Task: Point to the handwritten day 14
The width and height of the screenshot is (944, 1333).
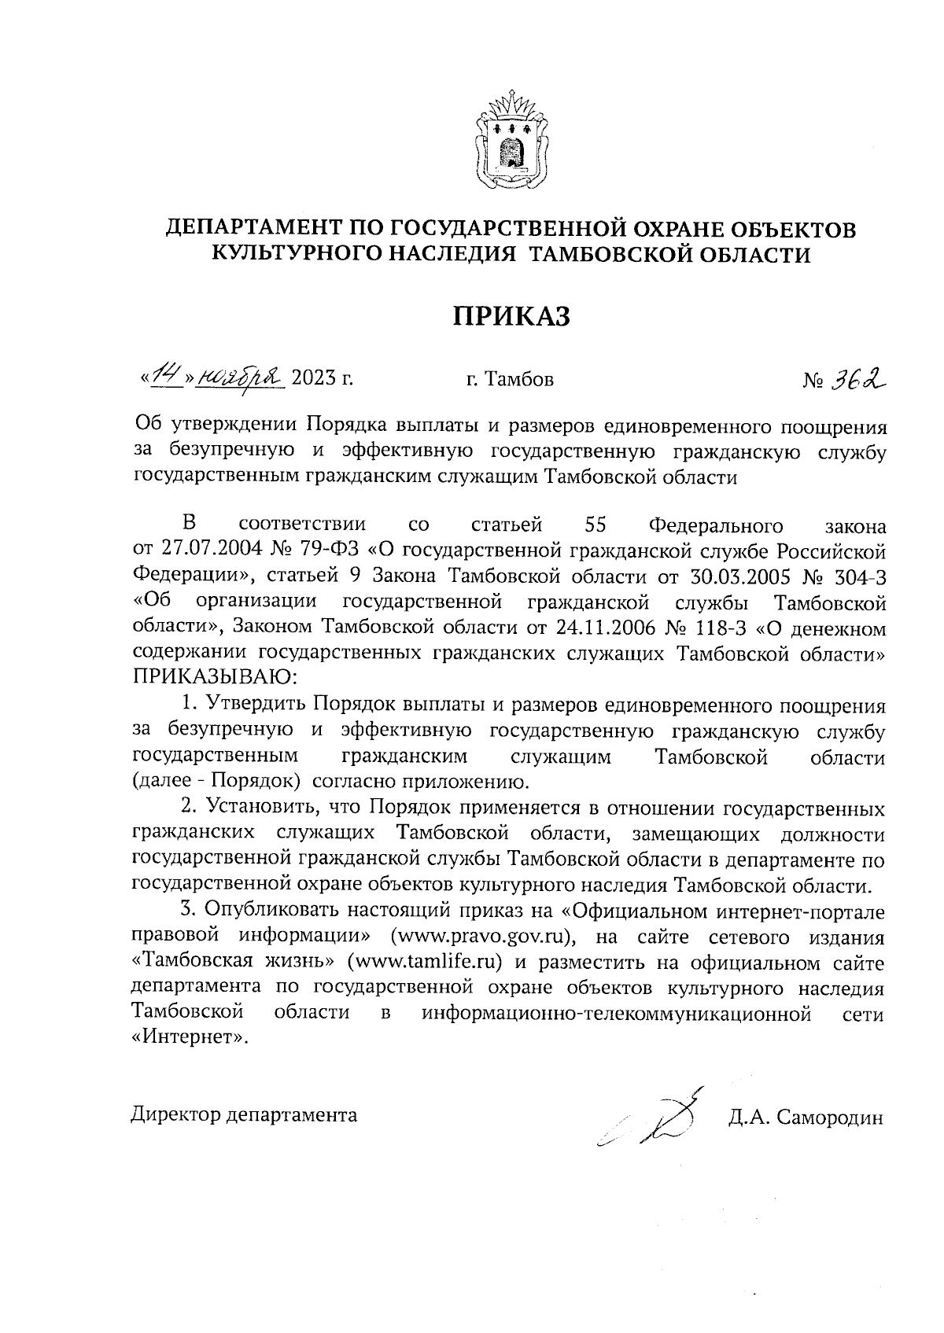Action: coord(167,377)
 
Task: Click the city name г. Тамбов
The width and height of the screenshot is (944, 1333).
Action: coord(510,380)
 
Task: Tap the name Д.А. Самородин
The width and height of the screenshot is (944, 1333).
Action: coord(806,1118)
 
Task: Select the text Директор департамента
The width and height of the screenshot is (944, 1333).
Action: coord(244,1115)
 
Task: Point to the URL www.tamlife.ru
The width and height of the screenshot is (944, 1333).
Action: coord(425,963)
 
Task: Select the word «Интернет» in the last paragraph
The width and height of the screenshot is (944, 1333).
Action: coord(189,1038)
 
